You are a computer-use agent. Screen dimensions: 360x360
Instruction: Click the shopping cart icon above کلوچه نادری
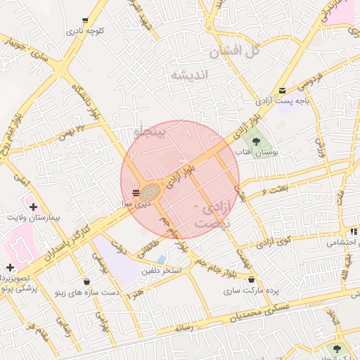click(x=85, y=20)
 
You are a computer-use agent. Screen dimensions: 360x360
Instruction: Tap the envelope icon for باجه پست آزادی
click(x=282, y=91)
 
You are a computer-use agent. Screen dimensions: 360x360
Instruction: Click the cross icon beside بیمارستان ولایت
click(x=32, y=205)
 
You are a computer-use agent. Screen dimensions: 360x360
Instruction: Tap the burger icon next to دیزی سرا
click(x=136, y=192)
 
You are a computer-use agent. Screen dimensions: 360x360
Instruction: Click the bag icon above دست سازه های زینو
click(x=86, y=281)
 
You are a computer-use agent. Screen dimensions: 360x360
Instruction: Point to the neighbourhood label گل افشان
click(x=235, y=51)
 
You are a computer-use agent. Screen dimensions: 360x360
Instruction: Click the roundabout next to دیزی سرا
click(x=150, y=191)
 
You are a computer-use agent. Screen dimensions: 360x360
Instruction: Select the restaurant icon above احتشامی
click(x=352, y=232)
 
